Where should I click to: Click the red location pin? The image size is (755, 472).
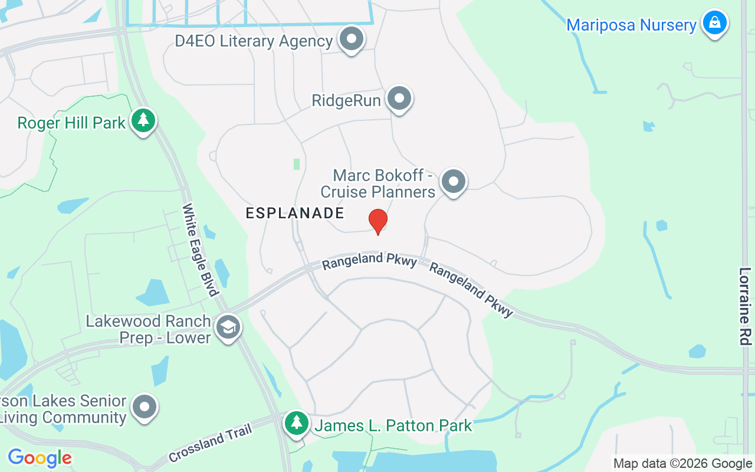click(377, 221)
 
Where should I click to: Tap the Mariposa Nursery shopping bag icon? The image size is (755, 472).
click(715, 23)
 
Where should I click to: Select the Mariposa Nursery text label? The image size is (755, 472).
click(631, 25)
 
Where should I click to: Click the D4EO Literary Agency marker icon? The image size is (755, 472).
click(352, 39)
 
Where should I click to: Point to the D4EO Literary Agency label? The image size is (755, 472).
click(254, 41)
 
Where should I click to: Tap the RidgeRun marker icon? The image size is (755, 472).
click(399, 99)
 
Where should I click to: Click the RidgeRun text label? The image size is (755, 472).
click(346, 101)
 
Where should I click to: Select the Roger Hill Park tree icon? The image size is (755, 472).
click(143, 120)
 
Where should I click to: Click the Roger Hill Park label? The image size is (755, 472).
click(71, 123)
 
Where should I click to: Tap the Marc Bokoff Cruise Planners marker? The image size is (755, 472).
click(453, 182)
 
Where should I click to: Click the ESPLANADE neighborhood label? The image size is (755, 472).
click(295, 213)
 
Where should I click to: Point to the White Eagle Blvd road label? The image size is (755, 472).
click(201, 249)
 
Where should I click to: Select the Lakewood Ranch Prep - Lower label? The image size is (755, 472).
click(149, 329)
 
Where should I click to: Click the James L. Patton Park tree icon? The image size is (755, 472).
click(297, 422)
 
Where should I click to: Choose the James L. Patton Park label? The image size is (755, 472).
click(393, 425)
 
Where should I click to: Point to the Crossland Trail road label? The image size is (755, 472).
click(211, 443)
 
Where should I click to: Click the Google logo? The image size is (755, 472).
click(40, 458)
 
